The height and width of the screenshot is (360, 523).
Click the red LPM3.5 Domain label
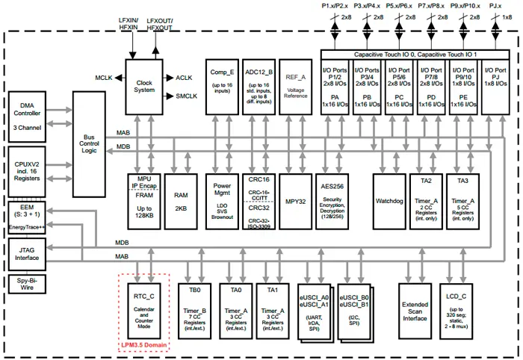point(143,345)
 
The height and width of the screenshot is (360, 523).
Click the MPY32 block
point(297,202)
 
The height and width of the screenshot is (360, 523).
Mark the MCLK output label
point(103,78)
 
